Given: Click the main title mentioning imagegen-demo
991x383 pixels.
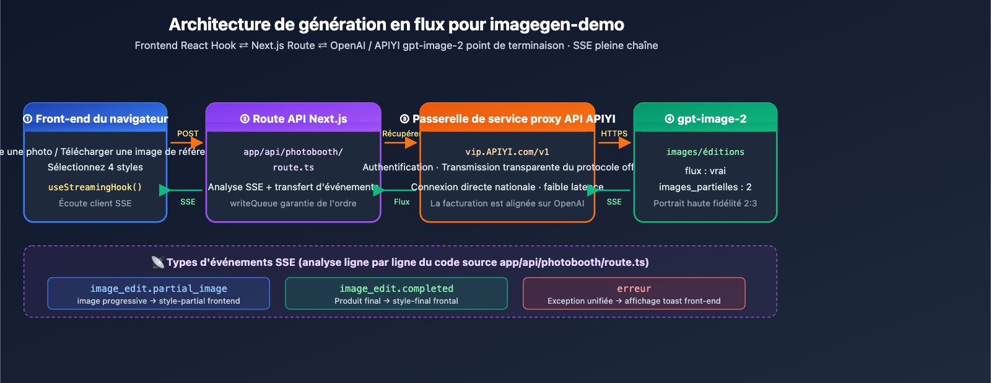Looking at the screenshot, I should (x=396, y=25).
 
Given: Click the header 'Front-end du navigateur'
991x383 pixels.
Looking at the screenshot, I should (x=96, y=119).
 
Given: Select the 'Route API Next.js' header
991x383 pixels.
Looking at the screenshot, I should (x=294, y=119).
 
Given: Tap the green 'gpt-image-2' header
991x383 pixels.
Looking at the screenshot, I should (x=705, y=119).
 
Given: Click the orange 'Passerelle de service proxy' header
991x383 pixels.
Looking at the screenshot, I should (x=508, y=119).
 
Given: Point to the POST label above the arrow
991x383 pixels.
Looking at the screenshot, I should (x=188, y=133).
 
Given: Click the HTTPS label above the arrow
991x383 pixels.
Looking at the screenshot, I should (x=614, y=133).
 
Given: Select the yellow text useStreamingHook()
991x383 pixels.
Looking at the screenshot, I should (x=95, y=187).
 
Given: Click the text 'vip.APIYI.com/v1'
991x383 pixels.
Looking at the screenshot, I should (x=507, y=152).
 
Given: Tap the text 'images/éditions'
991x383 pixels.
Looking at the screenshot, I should (x=705, y=152).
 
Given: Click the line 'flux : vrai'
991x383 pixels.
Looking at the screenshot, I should (x=705, y=171).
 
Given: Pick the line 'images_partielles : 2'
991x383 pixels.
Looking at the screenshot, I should (x=705, y=187).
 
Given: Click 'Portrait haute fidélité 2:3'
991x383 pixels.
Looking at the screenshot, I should (x=705, y=203).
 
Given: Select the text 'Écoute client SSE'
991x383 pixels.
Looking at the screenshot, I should (x=95, y=203).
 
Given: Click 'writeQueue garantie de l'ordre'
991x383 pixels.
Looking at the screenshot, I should (x=293, y=203).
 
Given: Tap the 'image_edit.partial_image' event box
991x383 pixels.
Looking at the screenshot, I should (x=159, y=294).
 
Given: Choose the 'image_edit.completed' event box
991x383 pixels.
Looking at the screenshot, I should (x=396, y=294).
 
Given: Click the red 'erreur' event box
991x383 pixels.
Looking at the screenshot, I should (x=634, y=294).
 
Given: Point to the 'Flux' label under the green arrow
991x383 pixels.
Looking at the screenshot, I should (x=402, y=202).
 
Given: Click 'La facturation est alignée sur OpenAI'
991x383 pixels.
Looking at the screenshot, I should (x=507, y=203).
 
